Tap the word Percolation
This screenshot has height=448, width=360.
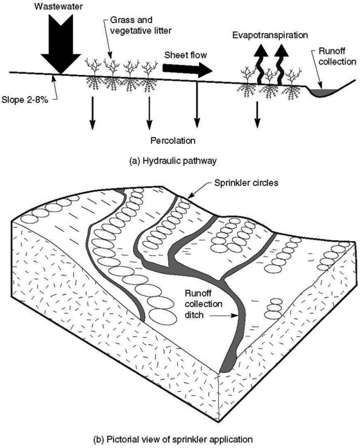click(173, 141)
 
